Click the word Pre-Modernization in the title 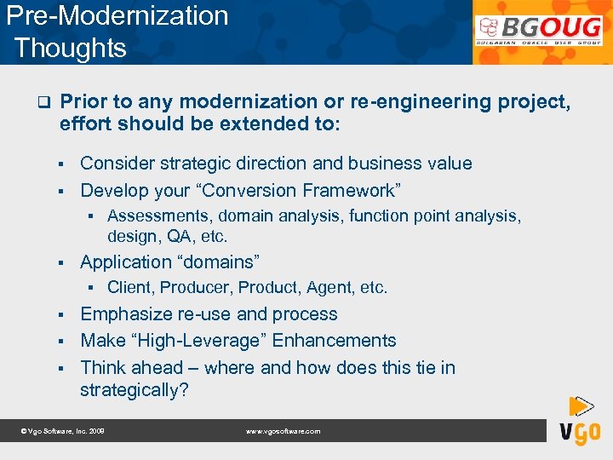coord(117,16)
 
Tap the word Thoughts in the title coord(71,48)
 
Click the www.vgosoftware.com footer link coord(283,432)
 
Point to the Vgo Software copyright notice coord(62,432)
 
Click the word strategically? coord(134,390)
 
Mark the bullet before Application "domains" coord(62,262)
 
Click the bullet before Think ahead coord(62,368)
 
